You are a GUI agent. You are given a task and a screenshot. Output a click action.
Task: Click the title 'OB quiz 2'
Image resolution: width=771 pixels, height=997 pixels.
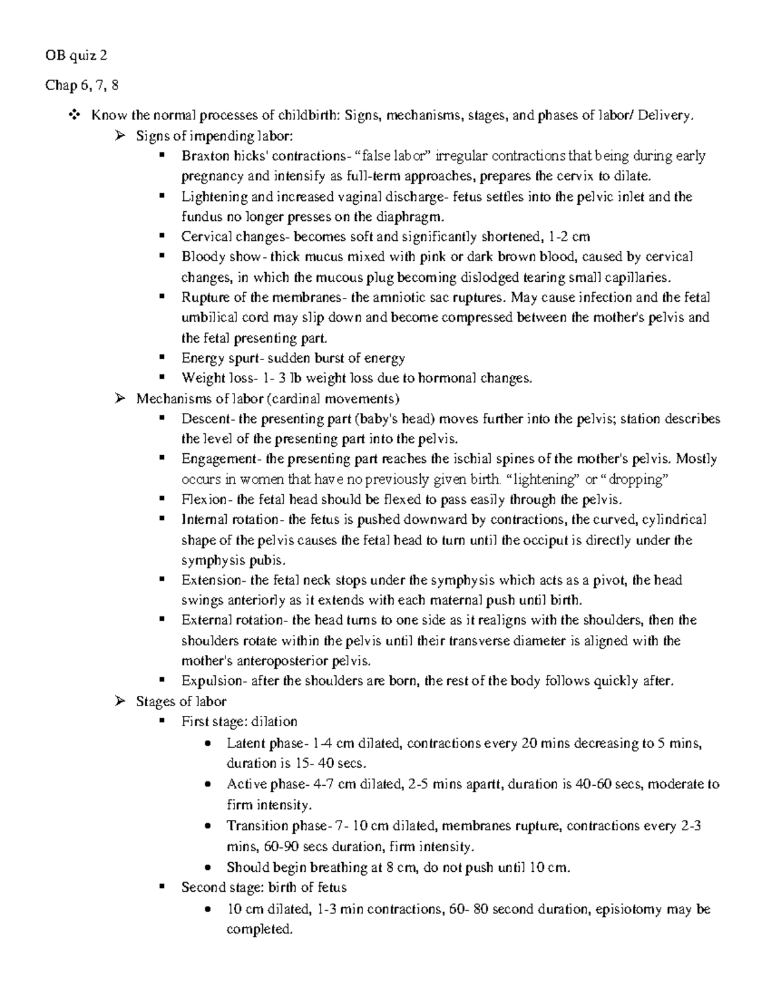click(76, 55)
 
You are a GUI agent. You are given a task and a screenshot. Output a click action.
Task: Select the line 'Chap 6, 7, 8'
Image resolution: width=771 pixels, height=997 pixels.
click(82, 85)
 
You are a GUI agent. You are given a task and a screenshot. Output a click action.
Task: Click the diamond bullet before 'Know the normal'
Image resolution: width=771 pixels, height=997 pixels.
click(73, 116)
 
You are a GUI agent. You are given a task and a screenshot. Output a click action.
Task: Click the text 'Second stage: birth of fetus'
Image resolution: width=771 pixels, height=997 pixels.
click(264, 888)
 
